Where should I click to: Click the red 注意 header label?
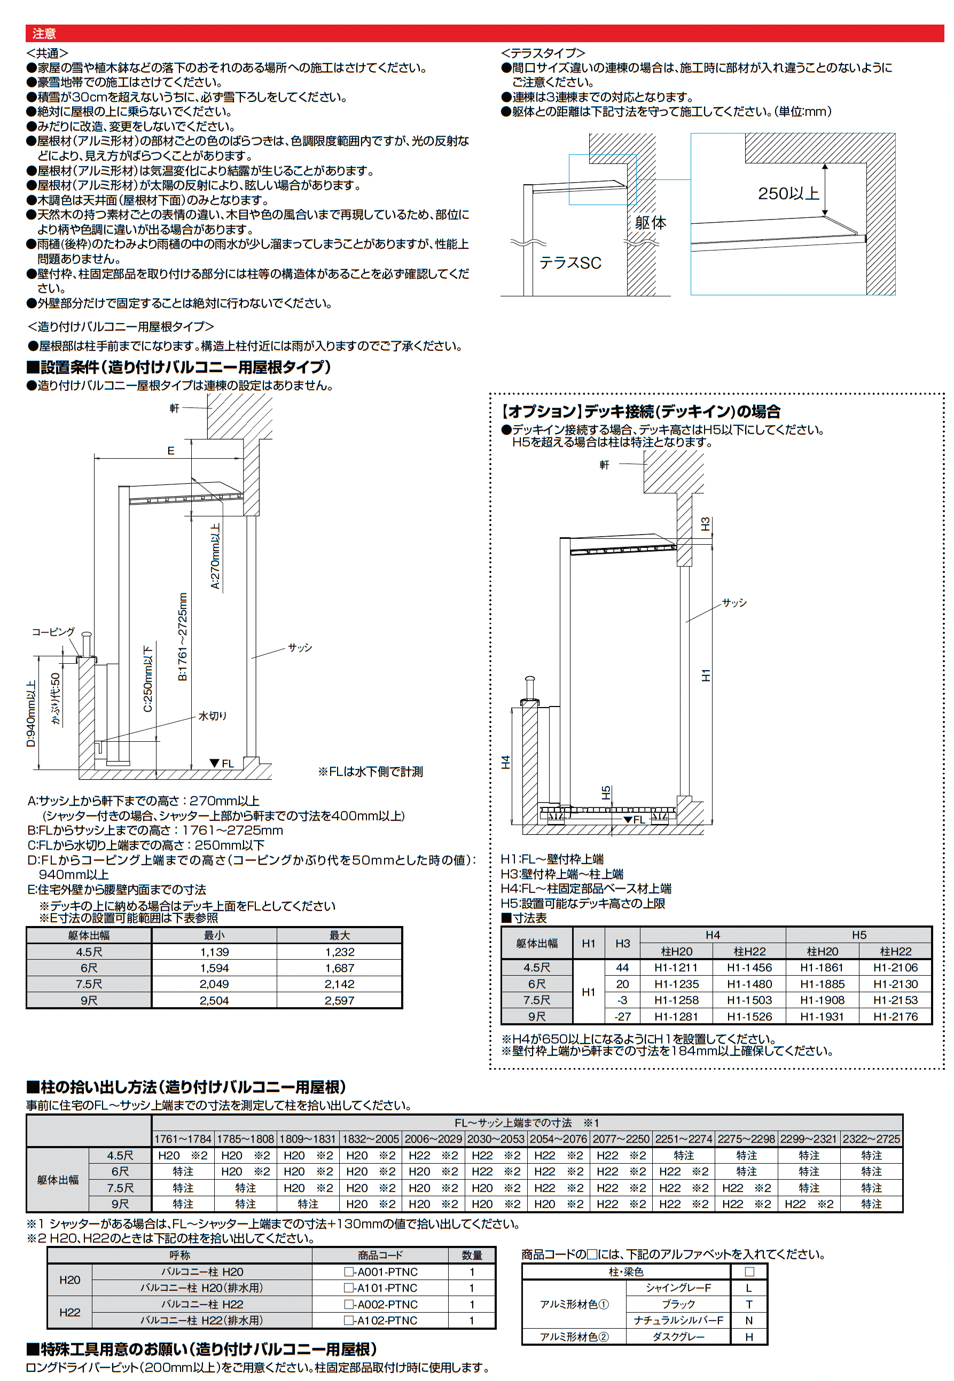pos(44,34)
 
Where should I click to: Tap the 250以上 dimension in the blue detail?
pos(788,194)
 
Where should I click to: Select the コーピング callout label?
pos(53,632)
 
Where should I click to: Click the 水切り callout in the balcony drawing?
pos(212,716)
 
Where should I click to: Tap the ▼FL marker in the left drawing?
pos(222,764)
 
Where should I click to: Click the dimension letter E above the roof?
pos(170,451)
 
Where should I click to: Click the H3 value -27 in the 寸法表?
pos(622,1016)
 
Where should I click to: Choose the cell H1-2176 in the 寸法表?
pos(895,1016)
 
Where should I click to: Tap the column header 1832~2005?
pos(371,1139)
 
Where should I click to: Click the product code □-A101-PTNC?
pos(380,1288)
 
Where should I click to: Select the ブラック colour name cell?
pos(678,1304)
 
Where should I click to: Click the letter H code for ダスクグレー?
pos(748,1337)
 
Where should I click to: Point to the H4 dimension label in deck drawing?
pos(506,763)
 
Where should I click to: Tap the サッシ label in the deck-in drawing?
pos(734,603)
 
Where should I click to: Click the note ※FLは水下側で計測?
pos(370,772)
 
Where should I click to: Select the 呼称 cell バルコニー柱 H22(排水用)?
pos(201,1320)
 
